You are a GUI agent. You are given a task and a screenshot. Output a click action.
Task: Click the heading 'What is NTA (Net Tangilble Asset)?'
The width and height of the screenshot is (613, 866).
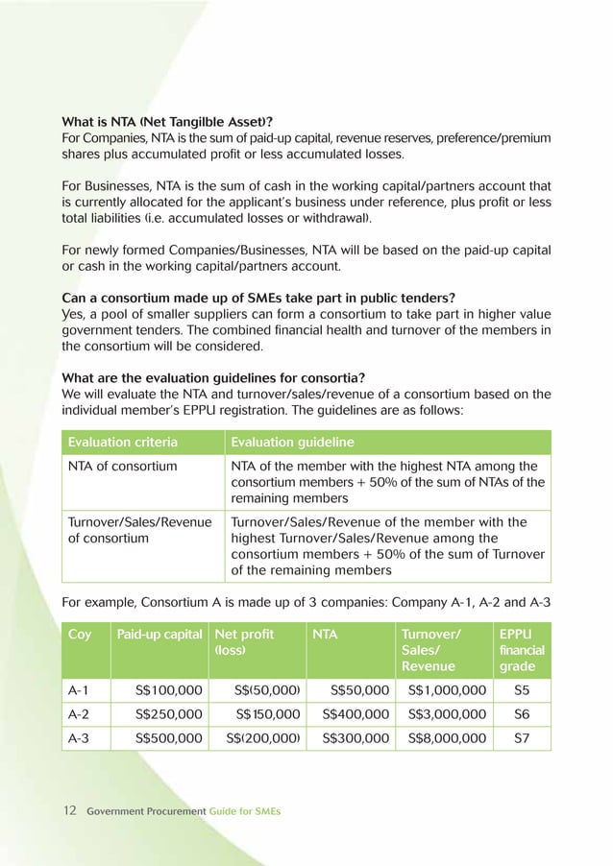pyautogui.click(x=167, y=121)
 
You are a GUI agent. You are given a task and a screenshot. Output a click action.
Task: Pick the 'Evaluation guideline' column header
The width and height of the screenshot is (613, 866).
pyautogui.click(x=290, y=442)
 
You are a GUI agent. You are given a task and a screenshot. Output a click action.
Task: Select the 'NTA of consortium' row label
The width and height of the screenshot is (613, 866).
pyautogui.click(x=122, y=467)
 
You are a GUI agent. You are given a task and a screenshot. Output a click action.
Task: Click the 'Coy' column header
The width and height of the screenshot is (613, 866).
pyautogui.click(x=80, y=635)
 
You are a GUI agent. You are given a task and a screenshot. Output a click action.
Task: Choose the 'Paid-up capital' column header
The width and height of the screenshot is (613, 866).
pyautogui.click(x=159, y=635)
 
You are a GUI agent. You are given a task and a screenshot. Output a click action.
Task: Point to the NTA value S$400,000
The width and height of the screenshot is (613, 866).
pyautogui.click(x=356, y=713)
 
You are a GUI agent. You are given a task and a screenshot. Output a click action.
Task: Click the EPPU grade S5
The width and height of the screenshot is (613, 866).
pyautogui.click(x=522, y=689)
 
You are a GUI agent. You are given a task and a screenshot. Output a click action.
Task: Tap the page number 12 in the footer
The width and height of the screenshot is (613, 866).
pyautogui.click(x=69, y=811)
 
